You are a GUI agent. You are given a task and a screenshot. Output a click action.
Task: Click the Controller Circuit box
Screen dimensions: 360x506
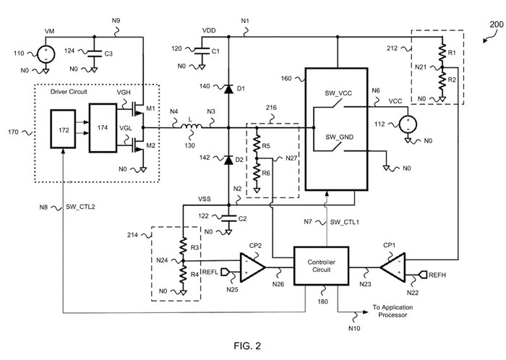click(321, 265)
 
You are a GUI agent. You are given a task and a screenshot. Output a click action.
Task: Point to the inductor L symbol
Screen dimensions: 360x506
click(192, 129)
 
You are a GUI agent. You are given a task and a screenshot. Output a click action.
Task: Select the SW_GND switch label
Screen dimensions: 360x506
click(337, 137)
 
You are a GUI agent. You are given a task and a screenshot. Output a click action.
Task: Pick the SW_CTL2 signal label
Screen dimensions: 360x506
click(81, 207)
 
